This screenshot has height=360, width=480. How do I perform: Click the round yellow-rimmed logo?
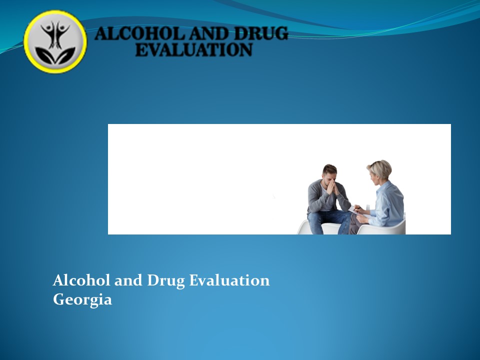55,42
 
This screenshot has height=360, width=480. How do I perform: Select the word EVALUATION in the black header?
193,50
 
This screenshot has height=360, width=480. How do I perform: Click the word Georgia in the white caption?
82,300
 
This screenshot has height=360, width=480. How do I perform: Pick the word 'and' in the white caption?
128,280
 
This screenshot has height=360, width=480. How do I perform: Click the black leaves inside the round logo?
55,55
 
